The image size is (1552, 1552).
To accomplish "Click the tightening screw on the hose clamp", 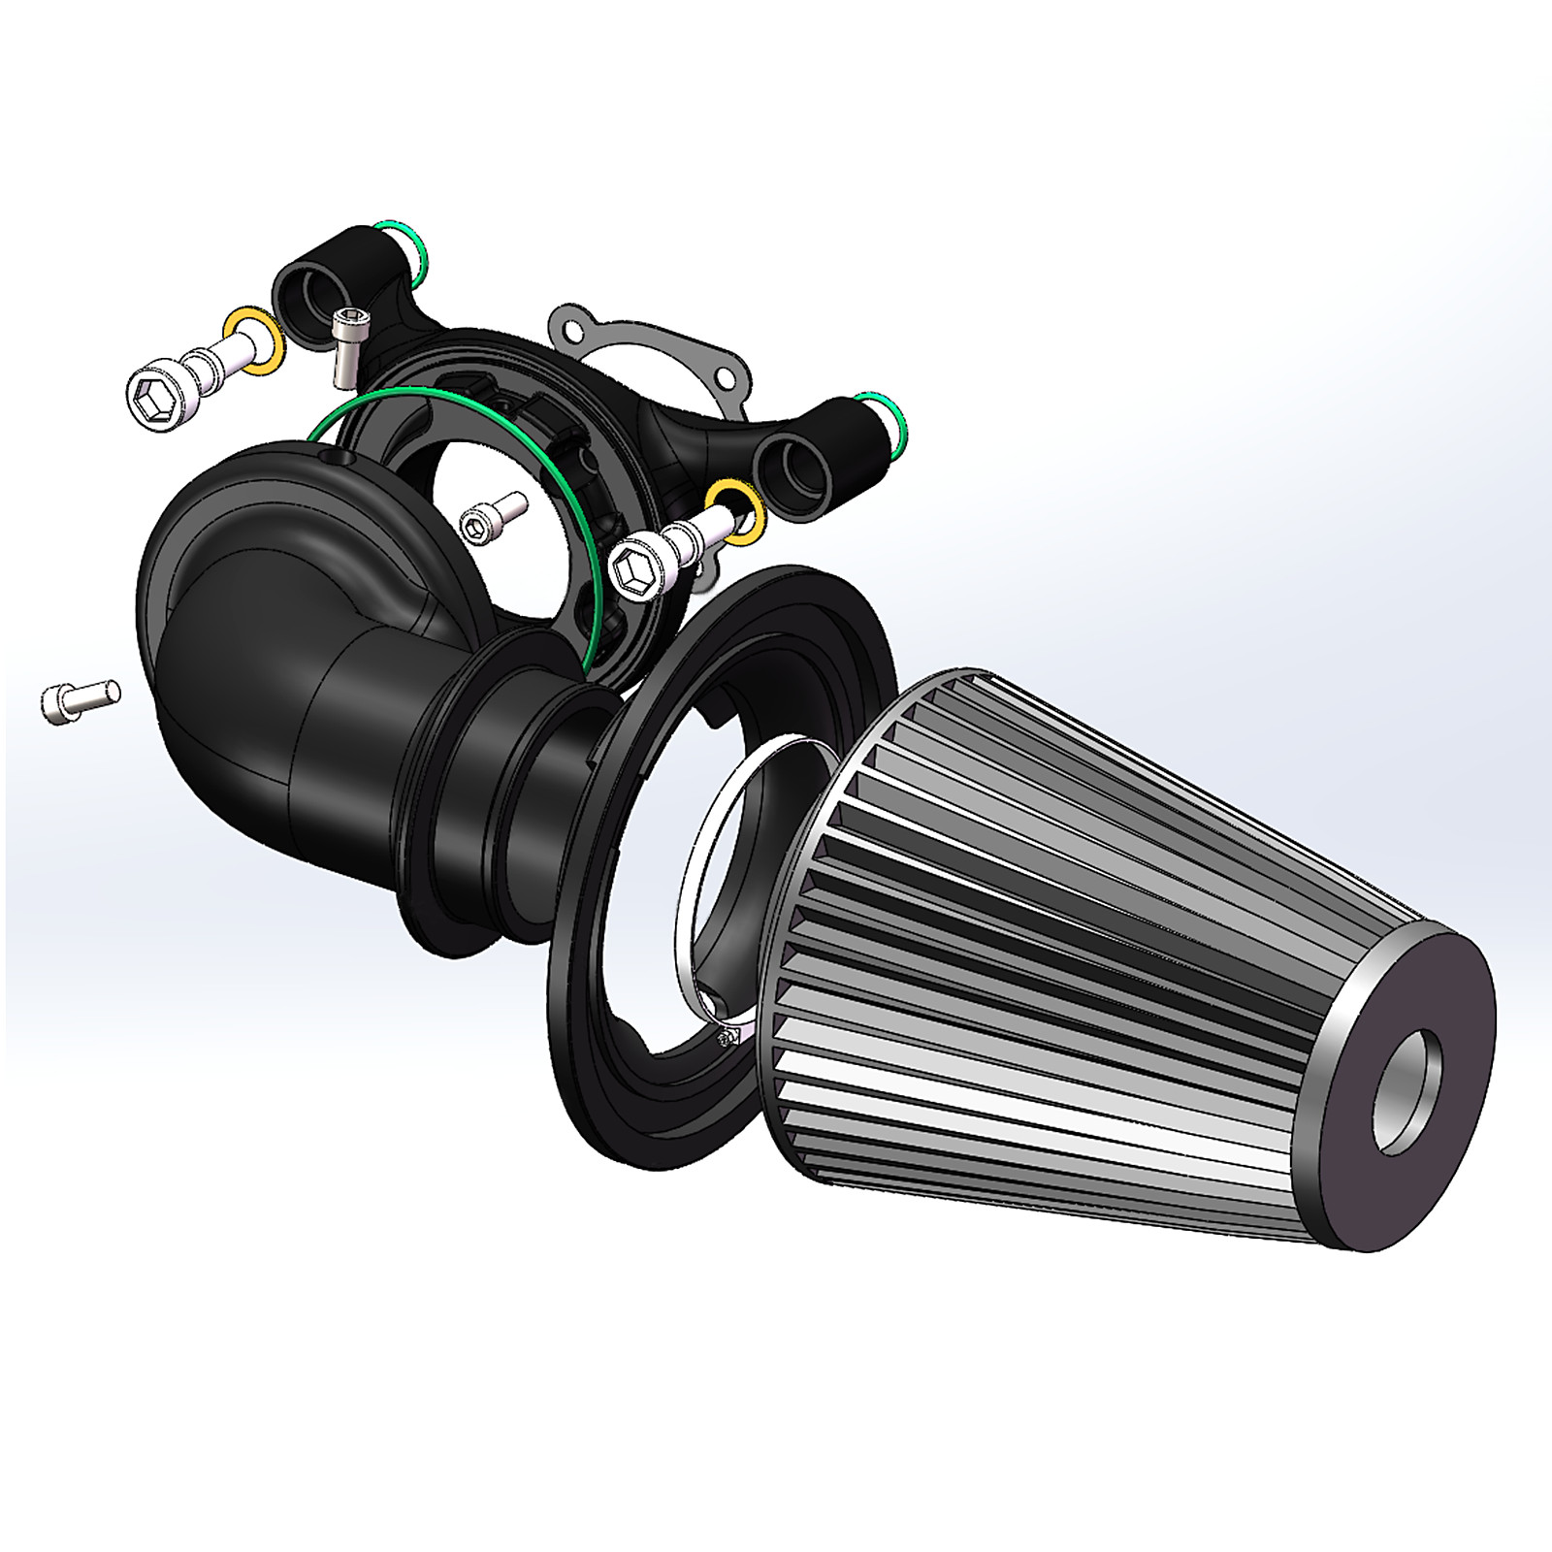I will [x=726, y=1040].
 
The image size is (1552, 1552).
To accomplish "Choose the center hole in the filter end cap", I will [x=1406, y=1091].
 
